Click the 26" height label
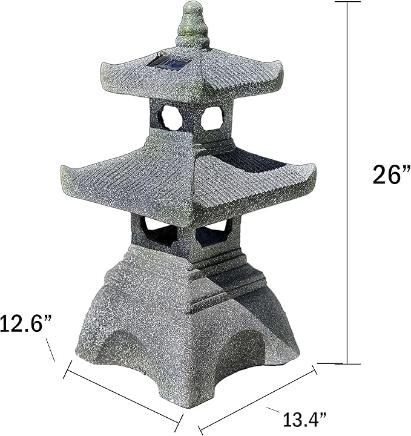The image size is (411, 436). coord(386,175)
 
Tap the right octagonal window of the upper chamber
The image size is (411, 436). coord(211,117)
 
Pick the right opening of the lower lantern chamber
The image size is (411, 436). coord(214,231)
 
